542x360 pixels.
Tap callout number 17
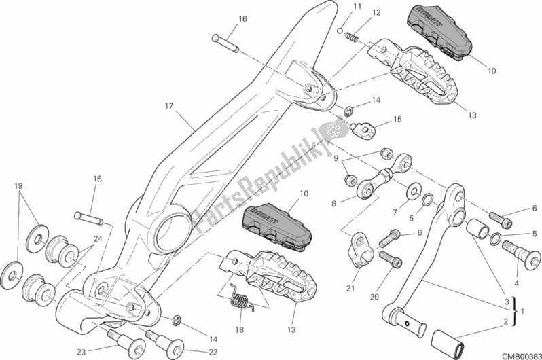[169, 107]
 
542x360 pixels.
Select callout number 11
[338, 7]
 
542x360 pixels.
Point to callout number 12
[357, 12]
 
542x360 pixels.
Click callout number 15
[397, 119]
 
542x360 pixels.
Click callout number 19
[18, 185]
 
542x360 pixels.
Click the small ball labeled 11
[340, 29]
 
